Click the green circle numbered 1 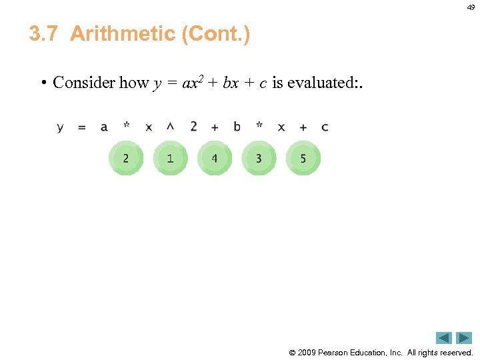pyautogui.click(x=170, y=159)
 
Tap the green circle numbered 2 pyautogui.click(x=126, y=159)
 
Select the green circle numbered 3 pyautogui.click(x=259, y=159)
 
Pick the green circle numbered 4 pyautogui.click(x=214, y=159)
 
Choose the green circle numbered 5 pyautogui.click(x=303, y=159)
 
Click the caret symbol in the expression pyautogui.click(x=170, y=126)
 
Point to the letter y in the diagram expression pyautogui.click(x=60, y=127)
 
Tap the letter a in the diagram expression pyautogui.click(x=104, y=127)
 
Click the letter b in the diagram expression pyautogui.click(x=237, y=126)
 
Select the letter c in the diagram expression pyautogui.click(x=325, y=127)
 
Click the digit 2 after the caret pyautogui.click(x=193, y=126)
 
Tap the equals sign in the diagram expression pyautogui.click(x=81, y=127)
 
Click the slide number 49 pyautogui.click(x=471, y=7)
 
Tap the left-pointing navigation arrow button pyautogui.click(x=444, y=338)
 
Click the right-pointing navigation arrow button pyautogui.click(x=464, y=338)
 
